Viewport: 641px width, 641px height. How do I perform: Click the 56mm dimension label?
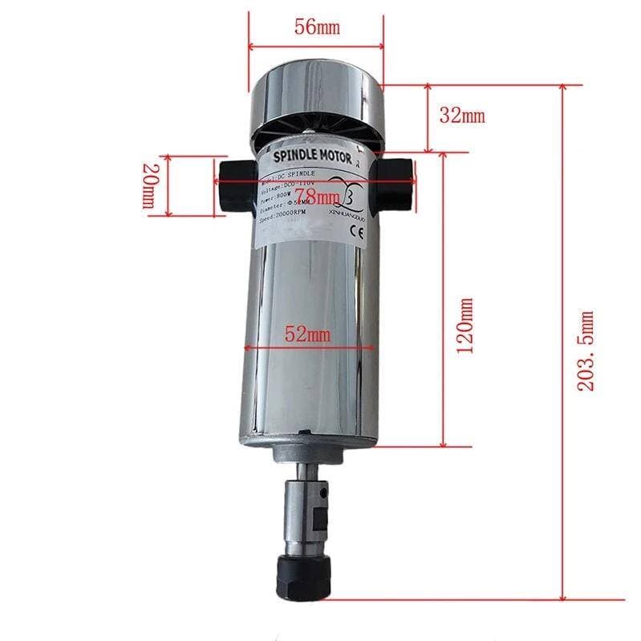(x=316, y=27)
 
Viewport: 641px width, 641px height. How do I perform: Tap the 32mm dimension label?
(x=462, y=115)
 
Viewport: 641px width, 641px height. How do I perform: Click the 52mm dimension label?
(x=308, y=334)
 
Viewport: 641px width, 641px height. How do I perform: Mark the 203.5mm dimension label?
(x=587, y=351)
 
